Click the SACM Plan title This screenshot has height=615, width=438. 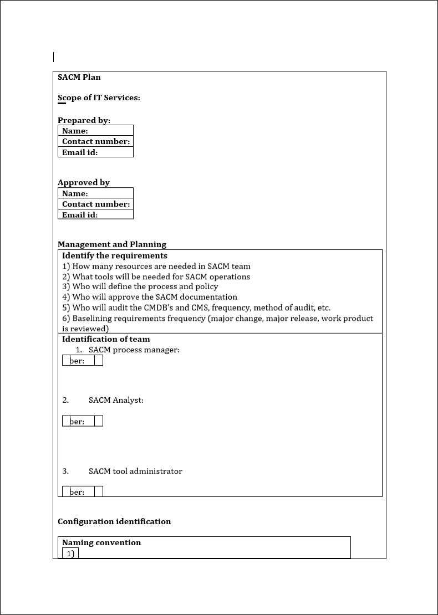[79, 77]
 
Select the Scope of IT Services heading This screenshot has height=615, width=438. [99, 98]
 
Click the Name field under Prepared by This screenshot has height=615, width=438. [95, 131]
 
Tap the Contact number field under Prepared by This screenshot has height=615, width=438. [95, 141]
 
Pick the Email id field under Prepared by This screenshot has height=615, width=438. [95, 152]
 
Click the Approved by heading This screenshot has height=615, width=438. [84, 182]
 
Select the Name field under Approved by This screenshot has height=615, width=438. [95, 193]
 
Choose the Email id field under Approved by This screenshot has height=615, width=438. [95, 214]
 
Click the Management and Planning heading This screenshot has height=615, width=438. [112, 244]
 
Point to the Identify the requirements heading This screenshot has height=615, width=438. [115, 255]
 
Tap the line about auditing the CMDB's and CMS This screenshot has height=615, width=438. [196, 307]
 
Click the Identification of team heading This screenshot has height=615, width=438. [106, 339]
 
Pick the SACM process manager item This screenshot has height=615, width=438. [134, 350]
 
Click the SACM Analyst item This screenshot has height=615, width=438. [116, 400]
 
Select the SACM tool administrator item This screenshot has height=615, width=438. [135, 471]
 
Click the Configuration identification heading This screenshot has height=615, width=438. [114, 521]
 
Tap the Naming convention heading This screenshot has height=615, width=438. [101, 542]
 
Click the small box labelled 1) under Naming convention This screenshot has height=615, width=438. [70, 553]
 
